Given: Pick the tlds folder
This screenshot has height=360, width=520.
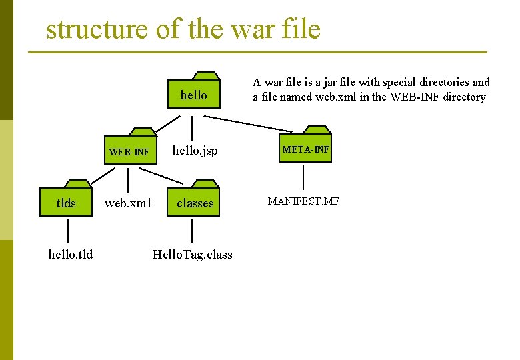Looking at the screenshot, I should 67,201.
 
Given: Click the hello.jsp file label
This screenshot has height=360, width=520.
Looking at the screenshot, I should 195,151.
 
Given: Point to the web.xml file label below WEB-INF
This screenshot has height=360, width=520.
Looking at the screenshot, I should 128,203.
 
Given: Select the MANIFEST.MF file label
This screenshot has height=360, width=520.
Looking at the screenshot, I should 303,201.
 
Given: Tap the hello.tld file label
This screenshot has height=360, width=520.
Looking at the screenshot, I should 71,254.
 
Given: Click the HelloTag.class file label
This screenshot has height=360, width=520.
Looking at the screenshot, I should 193,254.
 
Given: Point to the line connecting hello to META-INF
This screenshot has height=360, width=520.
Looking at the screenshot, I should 248,123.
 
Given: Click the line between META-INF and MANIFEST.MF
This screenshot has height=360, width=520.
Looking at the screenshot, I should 304,177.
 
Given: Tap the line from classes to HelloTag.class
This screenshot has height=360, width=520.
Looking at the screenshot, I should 192,231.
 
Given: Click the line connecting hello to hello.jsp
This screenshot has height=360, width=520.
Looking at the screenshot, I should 192,127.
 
